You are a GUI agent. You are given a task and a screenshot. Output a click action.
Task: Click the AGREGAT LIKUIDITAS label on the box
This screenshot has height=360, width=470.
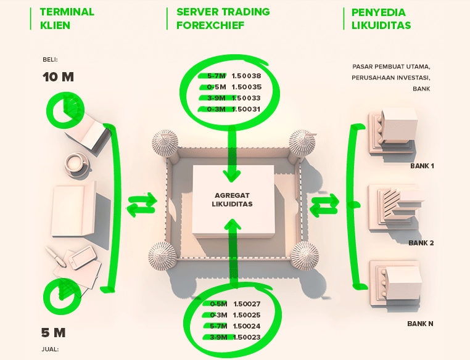point(233,199)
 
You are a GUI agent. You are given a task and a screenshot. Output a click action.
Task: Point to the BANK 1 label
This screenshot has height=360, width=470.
point(423,166)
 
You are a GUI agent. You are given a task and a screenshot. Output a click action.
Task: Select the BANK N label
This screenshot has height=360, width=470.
point(421,323)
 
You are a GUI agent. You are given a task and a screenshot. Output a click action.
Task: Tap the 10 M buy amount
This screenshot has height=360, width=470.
point(58,78)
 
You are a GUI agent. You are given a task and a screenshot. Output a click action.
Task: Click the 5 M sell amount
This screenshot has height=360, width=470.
point(53,333)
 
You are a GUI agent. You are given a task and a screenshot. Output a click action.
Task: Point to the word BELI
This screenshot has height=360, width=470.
point(49,60)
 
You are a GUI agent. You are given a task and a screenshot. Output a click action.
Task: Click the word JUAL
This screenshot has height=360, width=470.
point(50,349)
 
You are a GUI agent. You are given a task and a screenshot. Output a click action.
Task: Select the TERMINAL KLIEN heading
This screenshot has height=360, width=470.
point(67,19)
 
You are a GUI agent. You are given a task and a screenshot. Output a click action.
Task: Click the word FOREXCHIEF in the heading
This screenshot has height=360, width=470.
point(210,26)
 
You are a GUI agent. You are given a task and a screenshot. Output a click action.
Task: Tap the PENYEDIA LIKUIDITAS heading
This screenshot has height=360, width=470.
point(381,19)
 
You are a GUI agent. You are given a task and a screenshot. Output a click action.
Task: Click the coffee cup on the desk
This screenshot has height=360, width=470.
point(76,163)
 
